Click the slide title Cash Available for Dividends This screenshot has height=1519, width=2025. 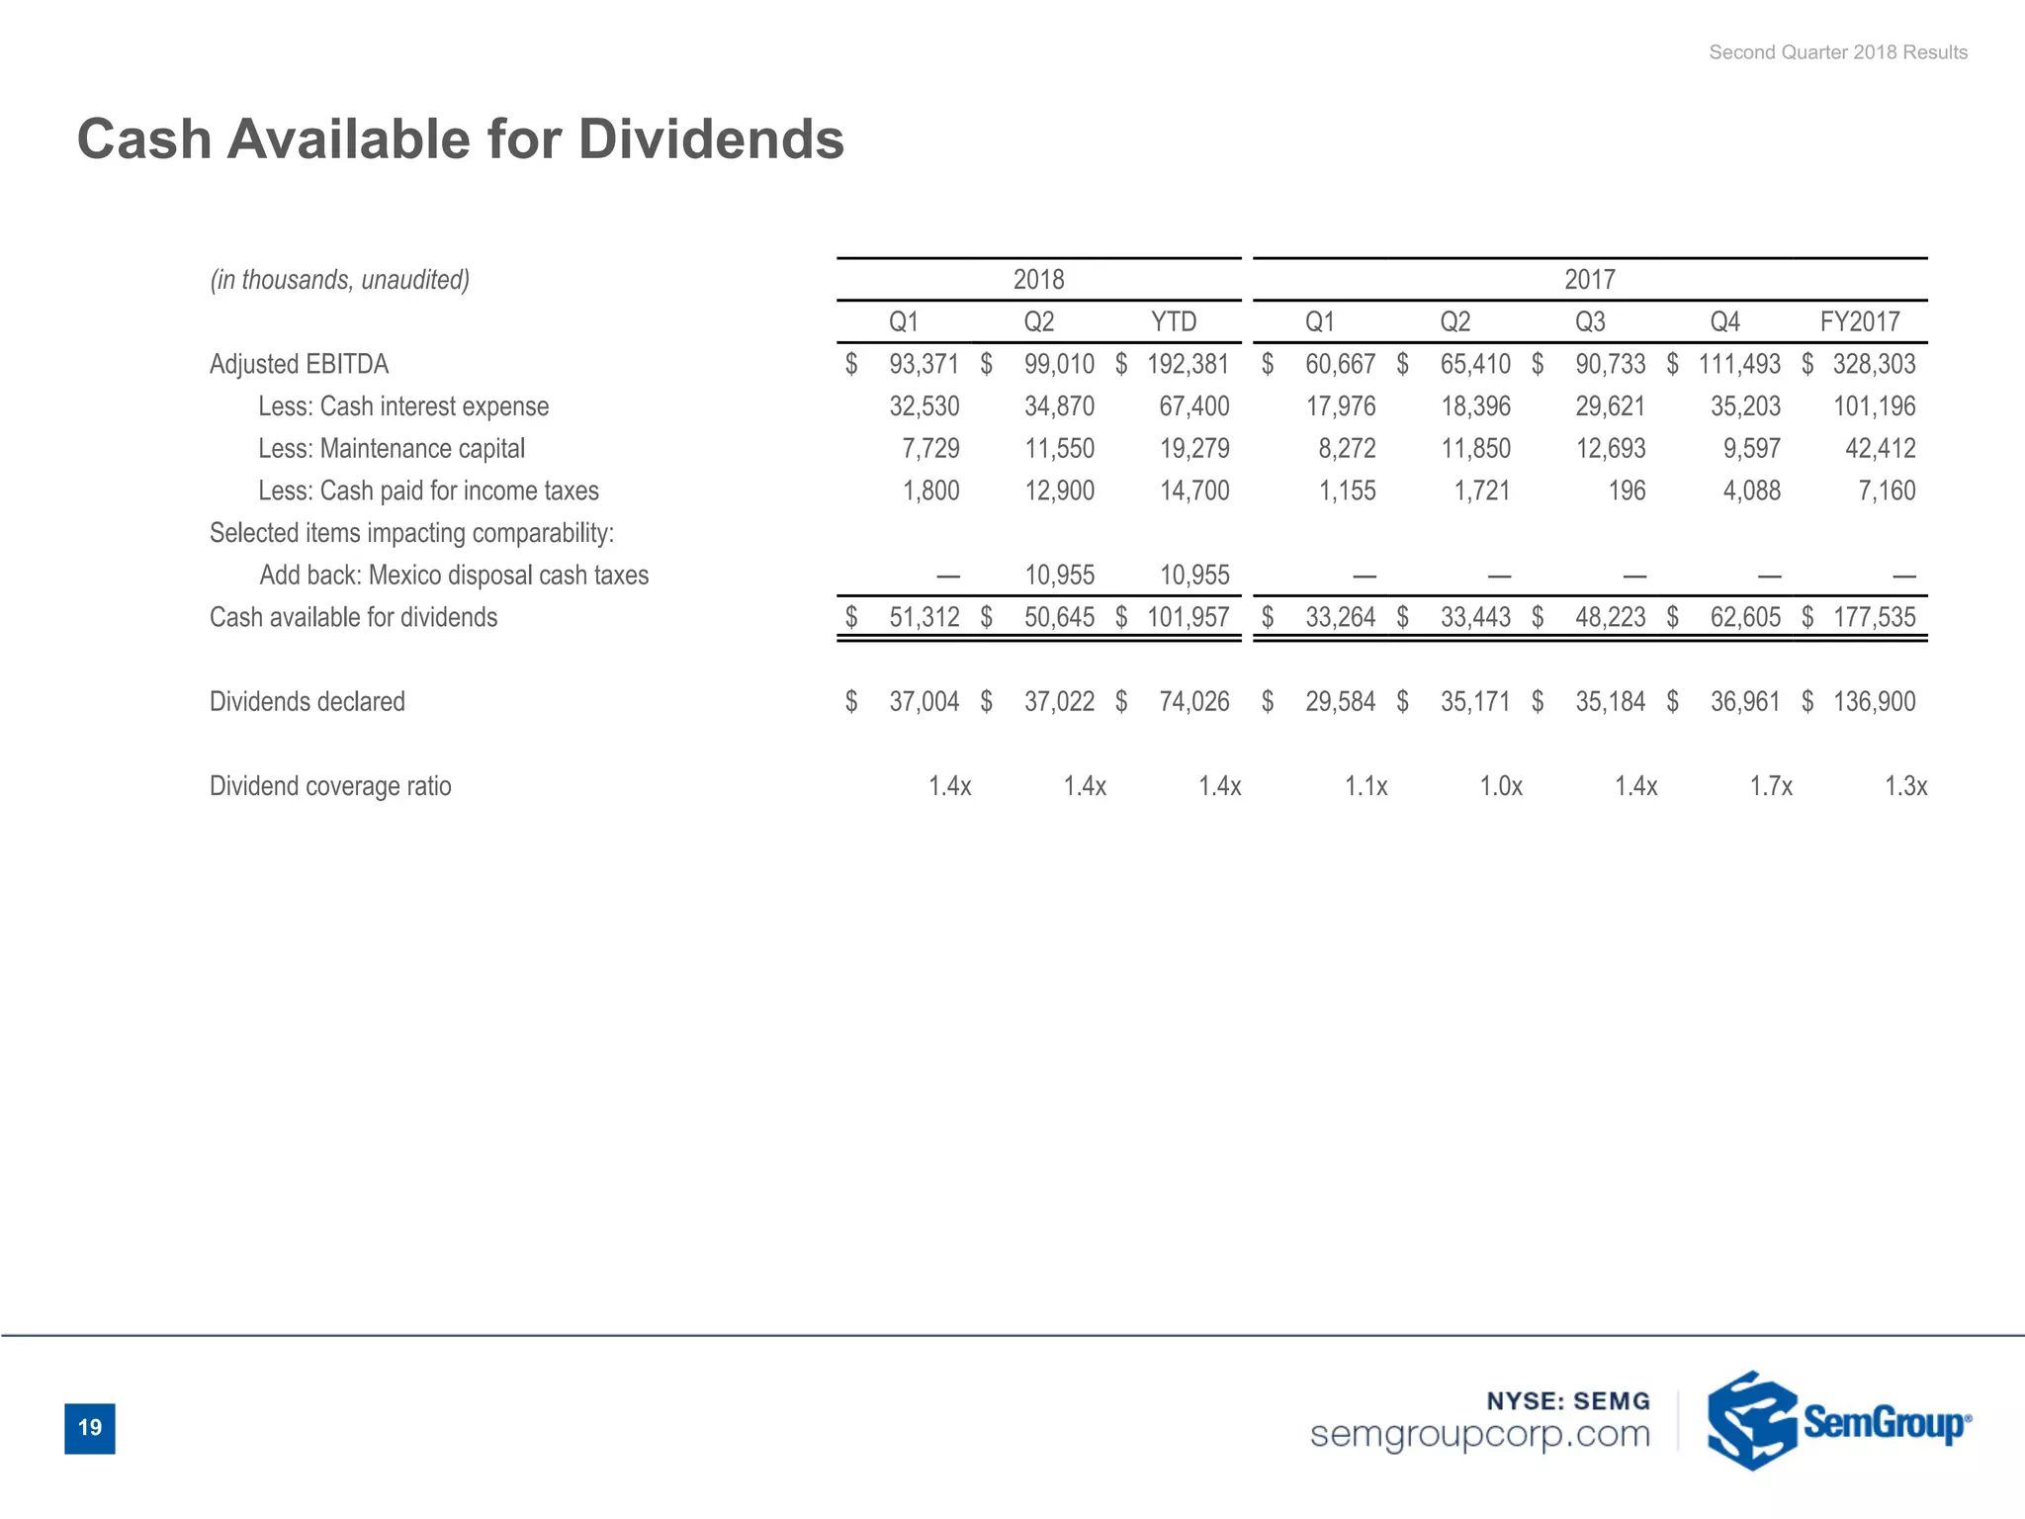coord(461,138)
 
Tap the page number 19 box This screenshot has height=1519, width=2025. coord(90,1427)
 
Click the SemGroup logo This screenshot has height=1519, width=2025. coord(1838,1421)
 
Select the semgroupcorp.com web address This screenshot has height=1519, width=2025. coord(1479,1434)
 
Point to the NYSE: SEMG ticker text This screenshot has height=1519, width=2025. coord(1568,1400)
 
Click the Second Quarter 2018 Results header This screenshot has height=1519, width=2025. coord(1837,52)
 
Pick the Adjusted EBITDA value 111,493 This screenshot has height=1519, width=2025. coord(1739,364)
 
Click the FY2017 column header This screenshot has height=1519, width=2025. coord(1860,321)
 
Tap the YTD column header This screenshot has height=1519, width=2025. coord(1174,321)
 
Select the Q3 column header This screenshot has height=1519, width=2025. coord(1590,321)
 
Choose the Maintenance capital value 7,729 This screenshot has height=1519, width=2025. coord(930,448)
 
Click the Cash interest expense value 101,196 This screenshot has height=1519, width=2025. coord(1874,406)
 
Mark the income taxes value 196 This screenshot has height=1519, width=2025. coord(1627,491)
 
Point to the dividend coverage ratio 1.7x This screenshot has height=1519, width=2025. coord(1770,786)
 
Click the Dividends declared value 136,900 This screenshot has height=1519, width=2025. coord(1874,701)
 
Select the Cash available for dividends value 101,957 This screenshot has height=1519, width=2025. coord(1188,617)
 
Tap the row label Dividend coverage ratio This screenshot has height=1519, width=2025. coord(330,786)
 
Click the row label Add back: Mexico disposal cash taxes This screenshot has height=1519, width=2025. coord(454,575)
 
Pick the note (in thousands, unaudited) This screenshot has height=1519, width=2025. coord(339,280)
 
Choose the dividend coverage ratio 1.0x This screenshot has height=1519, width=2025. coord(1500,786)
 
